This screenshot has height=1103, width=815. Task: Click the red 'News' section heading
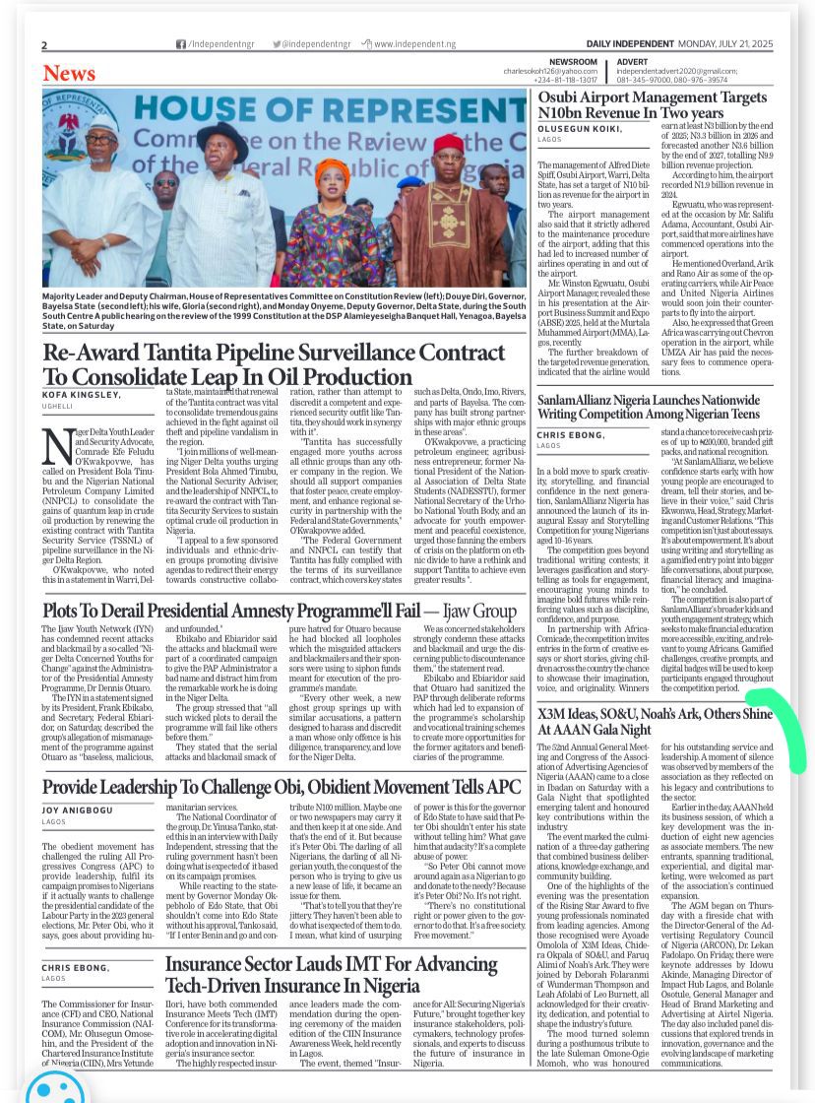(69, 74)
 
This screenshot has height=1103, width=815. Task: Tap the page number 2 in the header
(44, 45)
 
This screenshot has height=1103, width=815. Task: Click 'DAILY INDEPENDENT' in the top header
(631, 44)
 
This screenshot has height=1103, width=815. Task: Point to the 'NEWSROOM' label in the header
(573, 62)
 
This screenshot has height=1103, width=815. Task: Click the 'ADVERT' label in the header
(632, 62)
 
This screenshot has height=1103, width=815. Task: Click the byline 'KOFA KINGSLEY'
(82, 395)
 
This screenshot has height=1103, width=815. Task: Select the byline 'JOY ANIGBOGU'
(78, 810)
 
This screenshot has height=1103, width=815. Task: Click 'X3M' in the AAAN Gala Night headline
(554, 714)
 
